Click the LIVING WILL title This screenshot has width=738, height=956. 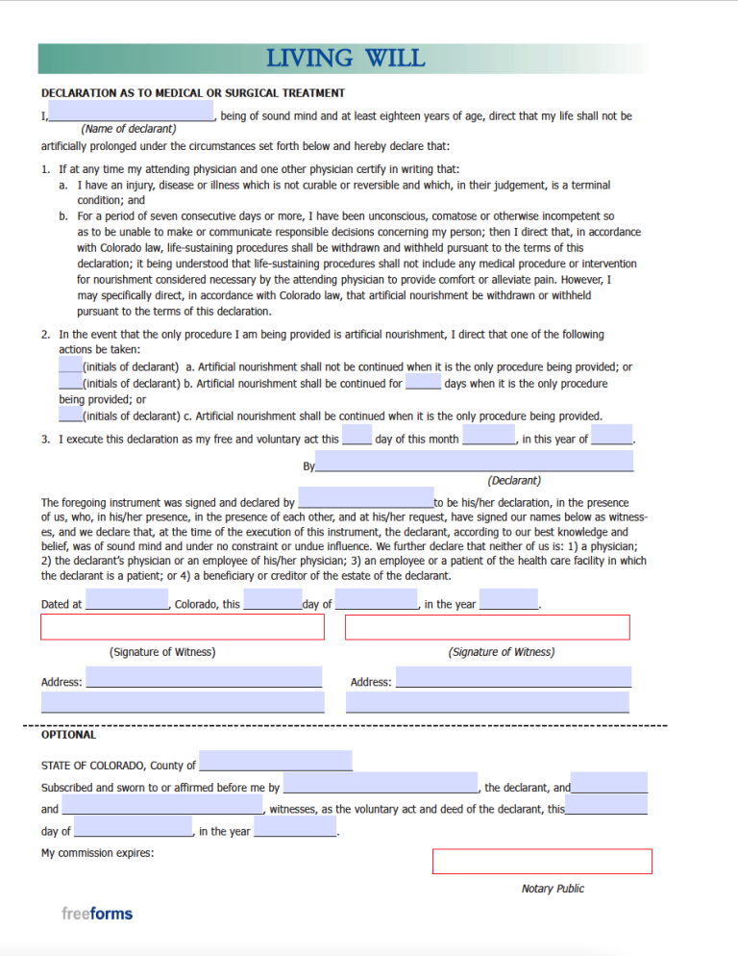(345, 59)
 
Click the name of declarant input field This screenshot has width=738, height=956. (131, 113)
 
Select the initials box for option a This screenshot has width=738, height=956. (70, 365)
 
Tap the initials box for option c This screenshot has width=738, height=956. (70, 415)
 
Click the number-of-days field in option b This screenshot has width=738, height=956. (423, 382)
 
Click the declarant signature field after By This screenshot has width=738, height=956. (474, 462)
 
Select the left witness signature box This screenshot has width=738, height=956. (183, 627)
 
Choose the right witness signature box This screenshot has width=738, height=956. (487, 627)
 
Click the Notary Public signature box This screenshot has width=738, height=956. (542, 861)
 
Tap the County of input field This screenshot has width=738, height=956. (275, 762)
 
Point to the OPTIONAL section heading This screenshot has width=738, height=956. (68, 735)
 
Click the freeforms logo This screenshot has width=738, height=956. (97, 913)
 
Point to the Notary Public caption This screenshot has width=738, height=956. (553, 889)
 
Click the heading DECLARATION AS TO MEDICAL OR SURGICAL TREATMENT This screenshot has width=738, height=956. (193, 93)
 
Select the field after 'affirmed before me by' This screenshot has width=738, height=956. (380, 783)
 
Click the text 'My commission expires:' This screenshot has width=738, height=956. (97, 853)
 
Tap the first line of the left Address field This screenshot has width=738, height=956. (204, 678)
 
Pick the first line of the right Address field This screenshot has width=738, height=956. (513, 678)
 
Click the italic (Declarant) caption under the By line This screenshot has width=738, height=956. (514, 480)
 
